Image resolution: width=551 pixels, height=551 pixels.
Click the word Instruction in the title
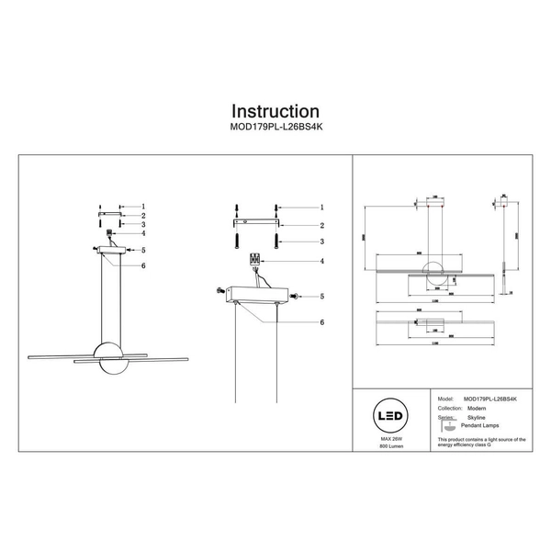(x=275, y=112)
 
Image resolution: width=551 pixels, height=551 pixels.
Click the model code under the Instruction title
(x=275, y=130)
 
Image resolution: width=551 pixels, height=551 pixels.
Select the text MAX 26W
(x=393, y=442)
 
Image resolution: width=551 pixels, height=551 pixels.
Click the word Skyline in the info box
(x=476, y=416)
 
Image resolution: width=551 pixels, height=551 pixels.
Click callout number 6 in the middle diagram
(x=322, y=322)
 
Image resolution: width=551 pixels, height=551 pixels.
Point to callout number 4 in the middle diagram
(x=322, y=262)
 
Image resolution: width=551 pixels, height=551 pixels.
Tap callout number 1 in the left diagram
(x=143, y=207)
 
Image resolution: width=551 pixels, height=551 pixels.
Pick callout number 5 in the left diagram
(x=143, y=249)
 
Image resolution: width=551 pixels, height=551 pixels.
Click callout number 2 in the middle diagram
(x=322, y=225)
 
